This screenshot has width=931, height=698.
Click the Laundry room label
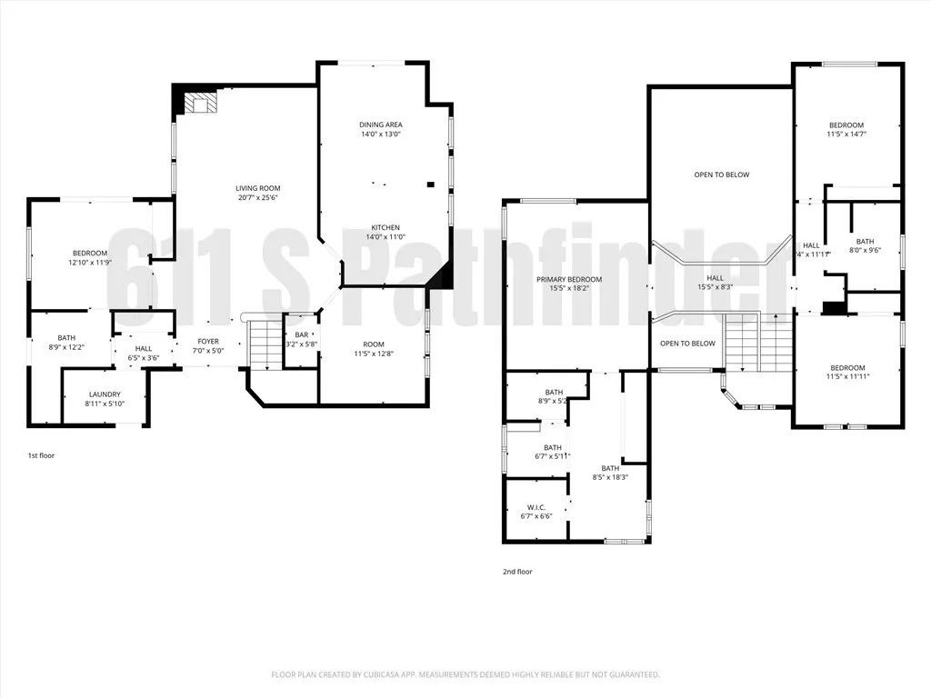coord(105,394)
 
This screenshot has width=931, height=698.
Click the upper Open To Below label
coord(722,174)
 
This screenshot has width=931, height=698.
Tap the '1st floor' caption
coord(41,455)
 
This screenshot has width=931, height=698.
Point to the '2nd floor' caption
coord(517,572)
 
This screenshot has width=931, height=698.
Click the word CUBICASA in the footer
coord(381,674)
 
